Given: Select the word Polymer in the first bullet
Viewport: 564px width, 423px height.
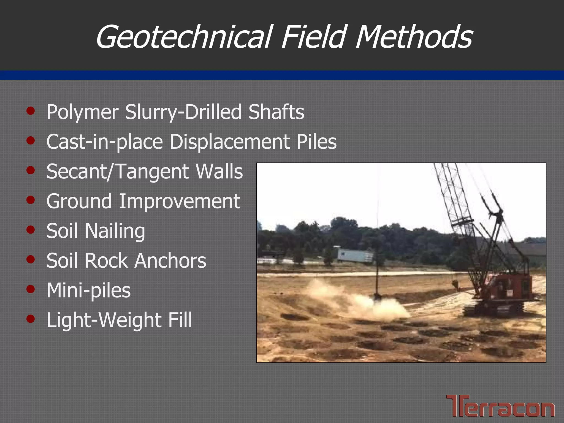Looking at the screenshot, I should pos(82,112).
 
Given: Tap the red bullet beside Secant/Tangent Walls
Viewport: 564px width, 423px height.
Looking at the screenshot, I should pos(31,170).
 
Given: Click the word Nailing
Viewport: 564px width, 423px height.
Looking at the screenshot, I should pos(115,231).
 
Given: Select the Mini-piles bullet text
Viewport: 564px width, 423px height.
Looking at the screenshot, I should pos(88,291).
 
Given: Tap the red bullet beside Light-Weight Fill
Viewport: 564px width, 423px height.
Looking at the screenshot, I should pos(31,319).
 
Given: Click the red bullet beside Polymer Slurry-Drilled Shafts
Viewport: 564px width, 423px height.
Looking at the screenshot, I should pos(31,111).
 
